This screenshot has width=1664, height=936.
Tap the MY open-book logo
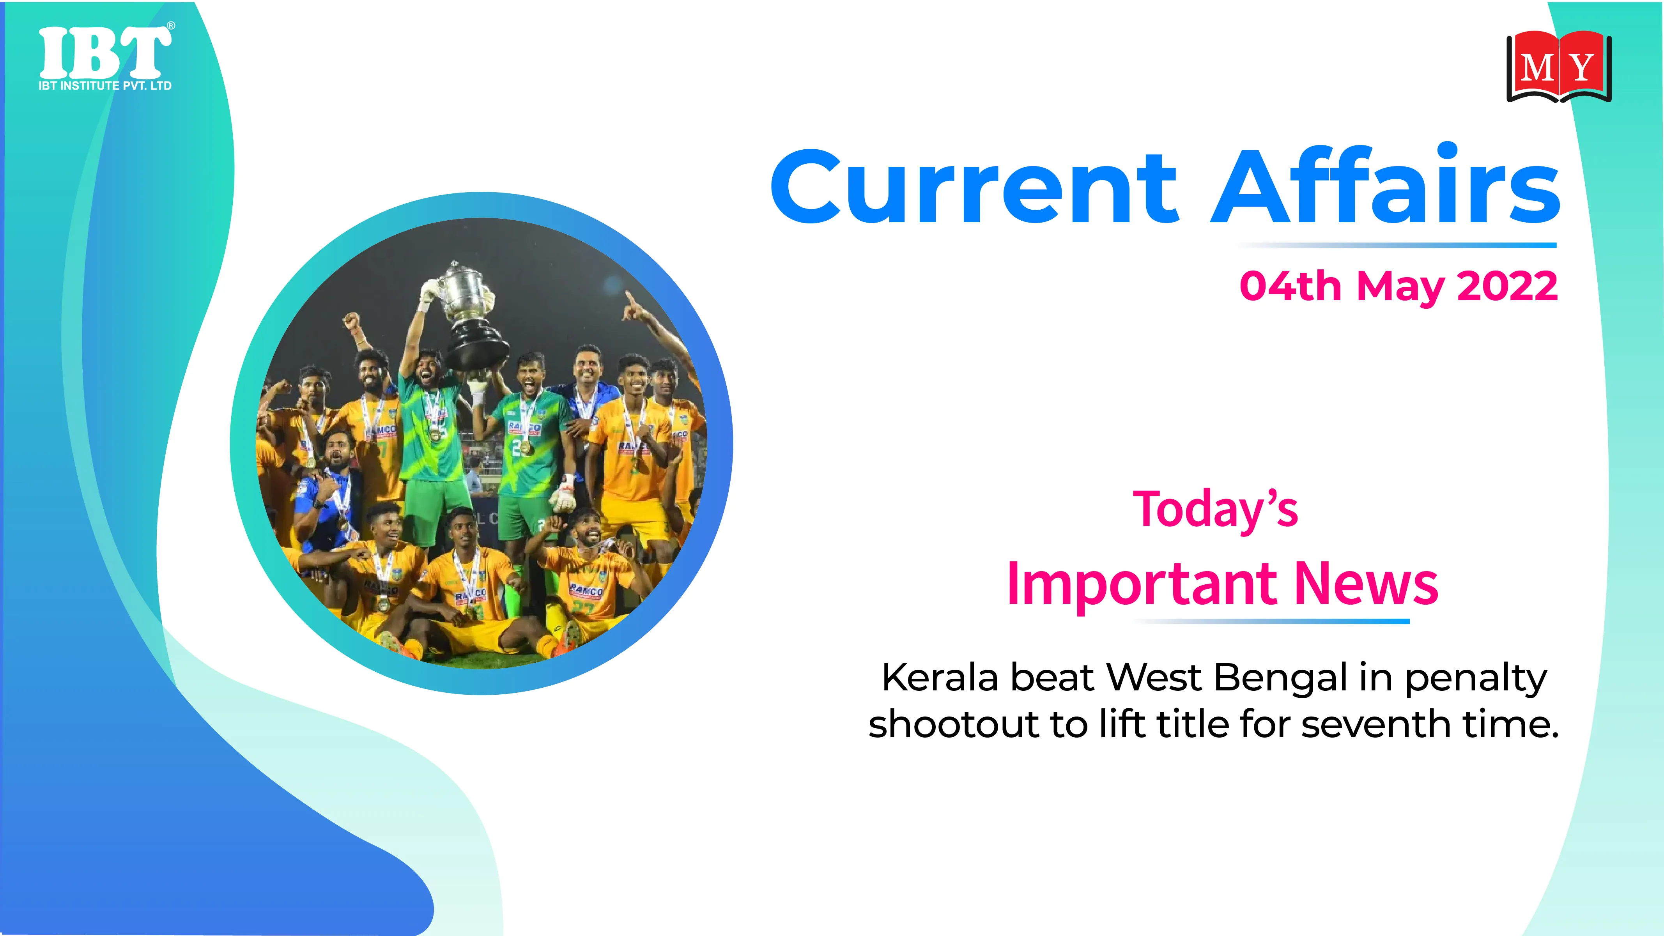(1559, 67)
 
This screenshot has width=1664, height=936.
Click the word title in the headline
(1193, 724)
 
